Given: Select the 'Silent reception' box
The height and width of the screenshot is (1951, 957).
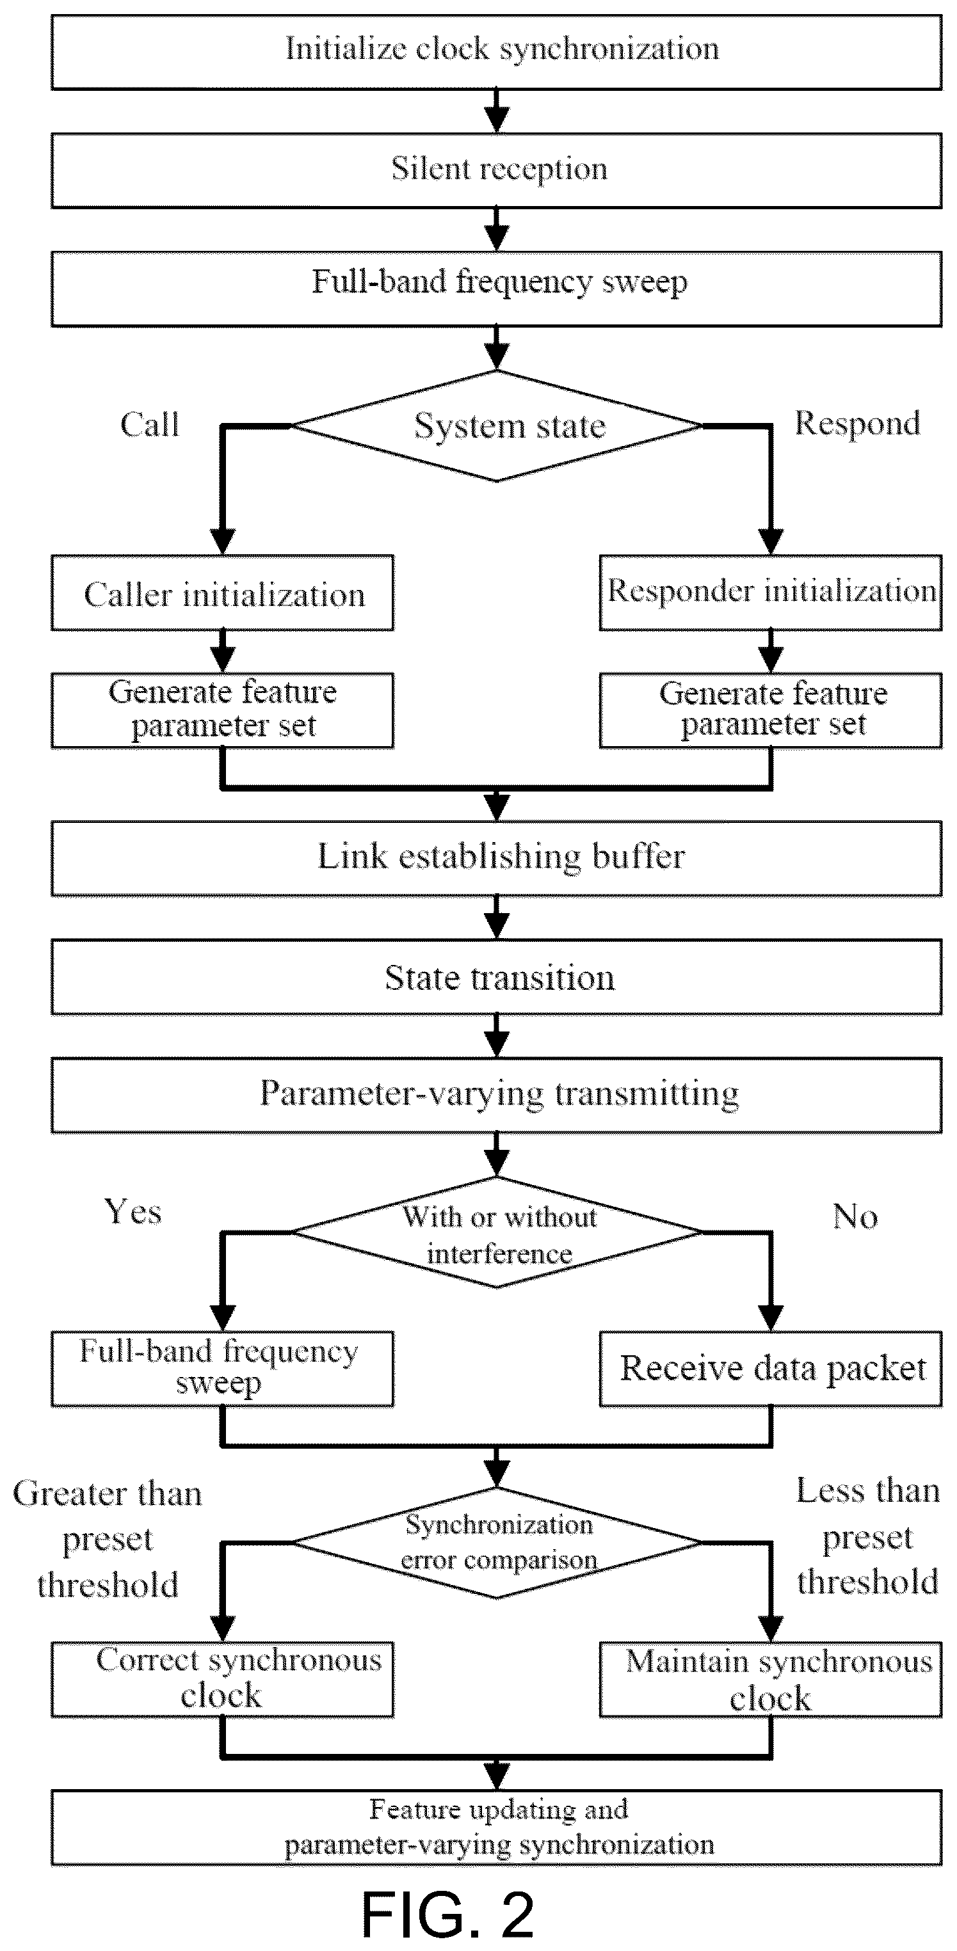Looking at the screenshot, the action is tap(496, 170).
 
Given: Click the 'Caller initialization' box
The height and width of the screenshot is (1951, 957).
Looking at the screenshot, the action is tap(222, 593).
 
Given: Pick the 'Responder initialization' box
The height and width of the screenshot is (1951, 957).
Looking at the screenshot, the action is tap(771, 593).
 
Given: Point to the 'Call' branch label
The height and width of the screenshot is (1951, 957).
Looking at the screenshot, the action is tap(150, 425).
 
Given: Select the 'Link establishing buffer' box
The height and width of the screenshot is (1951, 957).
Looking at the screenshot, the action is tap(496, 859).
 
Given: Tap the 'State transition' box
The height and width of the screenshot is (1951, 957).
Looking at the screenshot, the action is tap(496, 977).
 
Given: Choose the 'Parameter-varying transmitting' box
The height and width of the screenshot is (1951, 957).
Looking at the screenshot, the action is tap(496, 1095).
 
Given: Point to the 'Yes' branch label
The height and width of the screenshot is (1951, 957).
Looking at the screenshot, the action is tap(133, 1212).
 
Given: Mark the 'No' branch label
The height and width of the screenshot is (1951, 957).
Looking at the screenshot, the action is tap(855, 1216).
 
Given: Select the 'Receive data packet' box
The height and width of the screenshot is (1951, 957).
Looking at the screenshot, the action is tap(771, 1369).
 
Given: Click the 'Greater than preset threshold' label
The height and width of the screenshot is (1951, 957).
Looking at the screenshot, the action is tap(108, 1538).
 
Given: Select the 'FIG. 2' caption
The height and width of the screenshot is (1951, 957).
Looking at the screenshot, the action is tap(447, 1914).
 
